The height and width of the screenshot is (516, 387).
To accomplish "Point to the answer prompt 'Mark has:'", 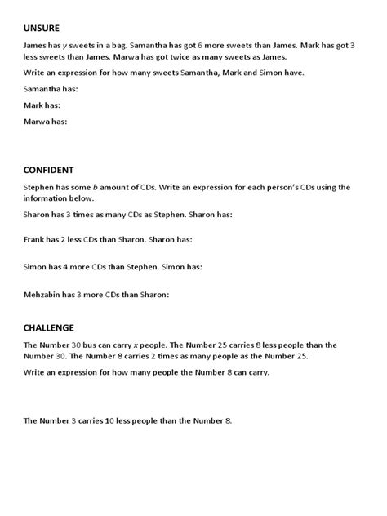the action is point(42,106).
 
